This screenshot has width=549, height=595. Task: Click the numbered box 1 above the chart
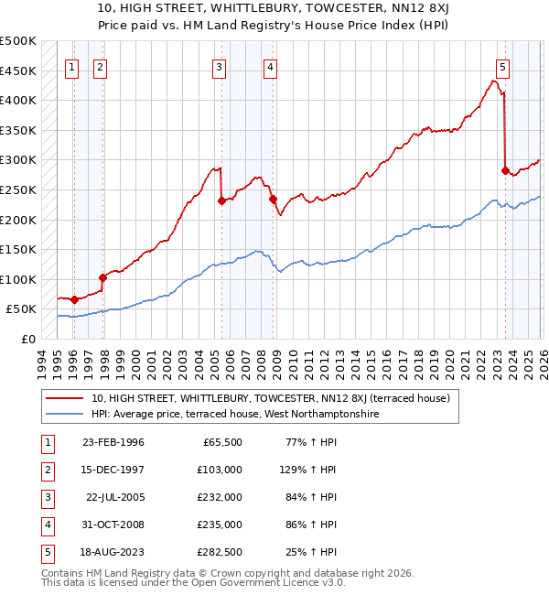tap(72, 66)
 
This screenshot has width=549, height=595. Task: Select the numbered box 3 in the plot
tap(220, 66)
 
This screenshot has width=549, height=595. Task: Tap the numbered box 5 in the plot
tap(503, 66)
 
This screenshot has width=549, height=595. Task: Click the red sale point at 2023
tap(505, 169)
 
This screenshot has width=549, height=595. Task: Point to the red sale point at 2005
tap(221, 200)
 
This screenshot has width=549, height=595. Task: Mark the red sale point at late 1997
tap(103, 277)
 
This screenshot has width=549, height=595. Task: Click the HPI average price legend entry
tap(234, 414)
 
